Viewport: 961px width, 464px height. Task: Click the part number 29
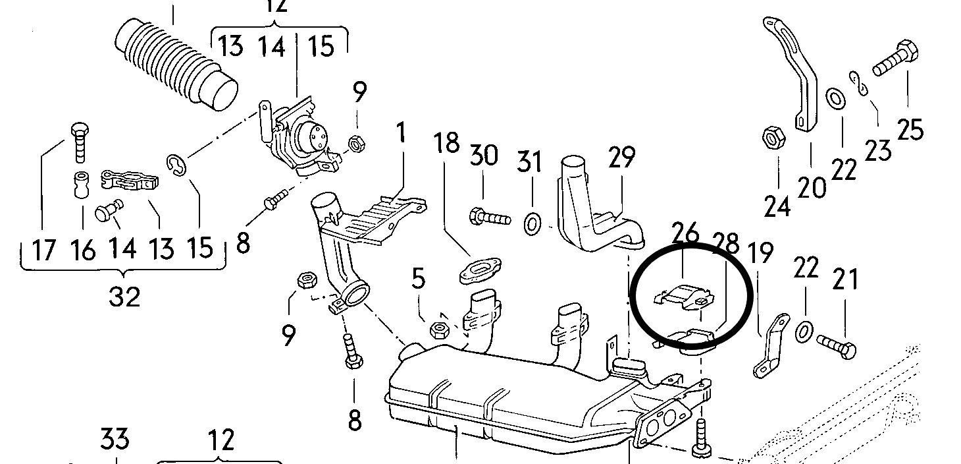coord(621,158)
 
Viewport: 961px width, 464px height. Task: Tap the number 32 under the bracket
coord(124,297)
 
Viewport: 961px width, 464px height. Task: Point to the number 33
coord(115,438)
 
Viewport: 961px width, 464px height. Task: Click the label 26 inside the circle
coord(685,233)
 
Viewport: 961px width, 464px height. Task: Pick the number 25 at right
coord(910,130)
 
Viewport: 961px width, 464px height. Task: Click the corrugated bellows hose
coord(172,64)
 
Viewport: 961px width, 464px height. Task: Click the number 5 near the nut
coord(419,279)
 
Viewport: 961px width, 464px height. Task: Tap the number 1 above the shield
coord(400,135)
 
